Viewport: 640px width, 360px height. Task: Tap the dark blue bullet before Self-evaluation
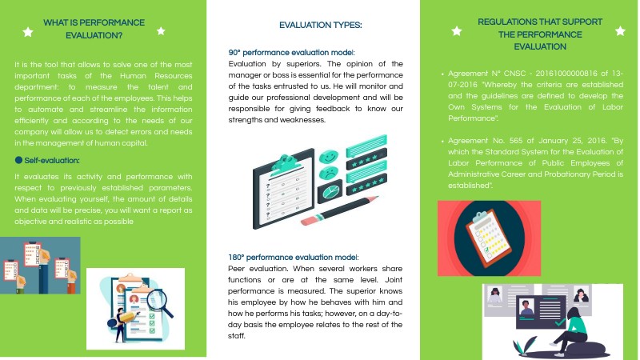click(18, 160)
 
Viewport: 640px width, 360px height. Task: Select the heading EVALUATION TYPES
click(320, 26)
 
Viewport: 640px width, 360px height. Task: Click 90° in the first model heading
click(237, 53)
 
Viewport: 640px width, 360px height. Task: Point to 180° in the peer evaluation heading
click(238, 258)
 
